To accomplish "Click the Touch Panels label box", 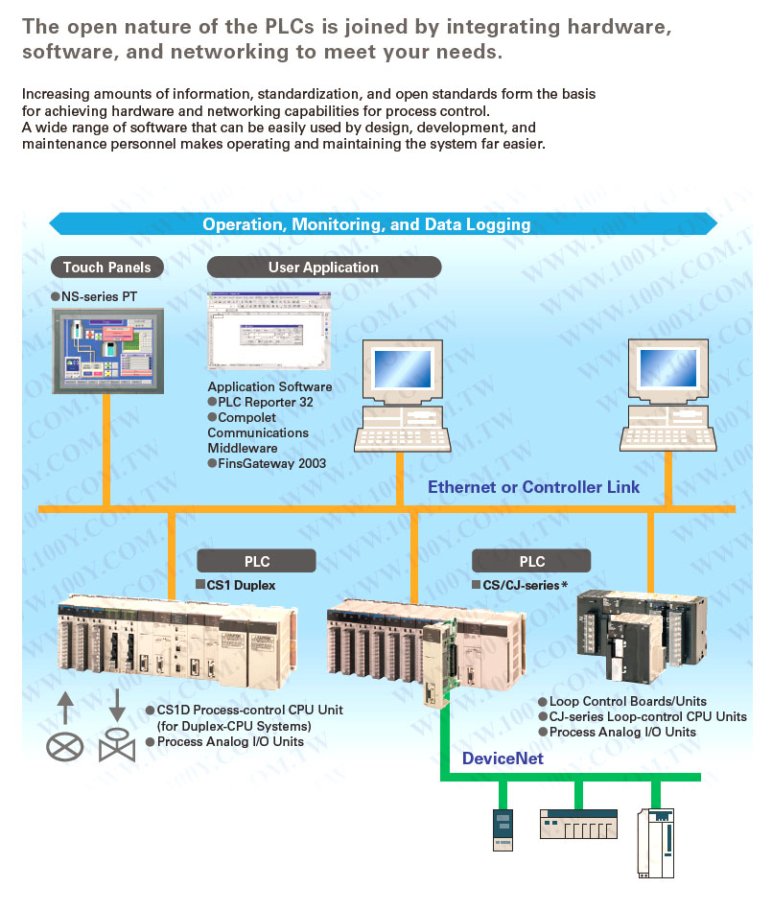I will tap(106, 268).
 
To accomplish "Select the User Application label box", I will tap(323, 268).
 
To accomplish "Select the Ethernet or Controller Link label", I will tap(533, 487).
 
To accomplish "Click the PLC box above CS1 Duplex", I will tap(256, 561).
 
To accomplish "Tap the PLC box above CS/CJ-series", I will tap(531, 561).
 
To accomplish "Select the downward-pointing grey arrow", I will tap(117, 705).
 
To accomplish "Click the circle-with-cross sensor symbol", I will tap(65, 745).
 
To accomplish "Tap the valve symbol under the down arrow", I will tap(117, 745).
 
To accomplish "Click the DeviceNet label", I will tap(503, 758).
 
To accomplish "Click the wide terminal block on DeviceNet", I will tap(577, 825).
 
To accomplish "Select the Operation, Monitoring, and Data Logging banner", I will tap(366, 224).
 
